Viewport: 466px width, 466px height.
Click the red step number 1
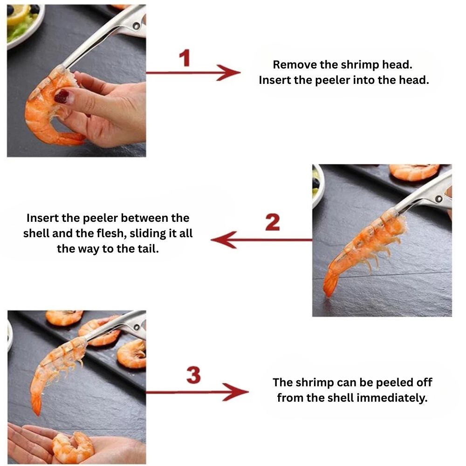point(185,58)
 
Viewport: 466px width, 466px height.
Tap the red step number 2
point(273,222)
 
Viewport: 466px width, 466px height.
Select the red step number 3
point(193,375)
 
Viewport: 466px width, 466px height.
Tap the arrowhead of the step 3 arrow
point(236,392)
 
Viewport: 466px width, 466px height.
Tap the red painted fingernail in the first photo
point(62,96)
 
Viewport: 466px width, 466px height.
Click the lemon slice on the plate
point(18,14)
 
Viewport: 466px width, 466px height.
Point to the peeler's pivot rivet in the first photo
point(136,26)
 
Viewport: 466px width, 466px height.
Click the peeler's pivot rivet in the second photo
point(438,199)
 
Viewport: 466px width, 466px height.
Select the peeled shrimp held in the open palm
point(73,447)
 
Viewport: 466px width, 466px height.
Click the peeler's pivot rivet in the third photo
point(137,327)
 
